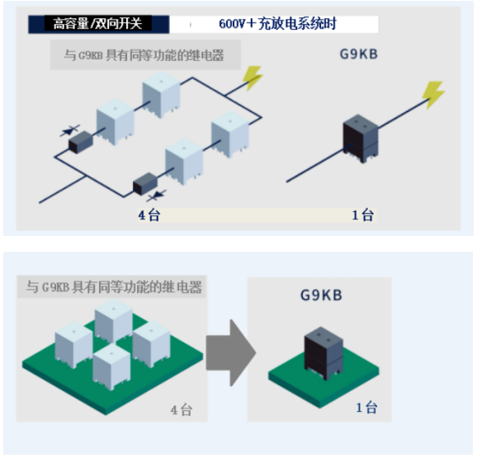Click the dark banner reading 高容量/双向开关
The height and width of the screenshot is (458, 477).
coord(98,24)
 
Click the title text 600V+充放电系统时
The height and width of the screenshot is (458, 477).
coord(277,24)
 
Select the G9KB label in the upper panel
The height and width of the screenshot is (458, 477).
coord(359,54)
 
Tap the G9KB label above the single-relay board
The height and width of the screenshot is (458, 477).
coord(321,295)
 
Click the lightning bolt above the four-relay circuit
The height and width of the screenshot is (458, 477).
coord(253,78)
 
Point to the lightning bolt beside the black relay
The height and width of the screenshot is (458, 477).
coord(433,94)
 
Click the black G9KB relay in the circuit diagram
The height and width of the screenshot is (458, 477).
coord(361,138)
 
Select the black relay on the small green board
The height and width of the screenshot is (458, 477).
coord(324,353)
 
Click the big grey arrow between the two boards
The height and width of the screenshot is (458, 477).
coord(231,352)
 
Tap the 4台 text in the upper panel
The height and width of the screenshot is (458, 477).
coord(149,215)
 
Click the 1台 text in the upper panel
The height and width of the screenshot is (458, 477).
coord(363,215)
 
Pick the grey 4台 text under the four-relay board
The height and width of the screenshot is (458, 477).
coord(182,410)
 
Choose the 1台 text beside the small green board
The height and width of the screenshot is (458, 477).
coord(366,408)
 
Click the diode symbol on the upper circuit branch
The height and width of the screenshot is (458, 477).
coord(70,130)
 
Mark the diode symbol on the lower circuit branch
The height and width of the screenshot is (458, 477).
coord(156,196)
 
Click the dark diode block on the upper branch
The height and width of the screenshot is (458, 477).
coord(81,142)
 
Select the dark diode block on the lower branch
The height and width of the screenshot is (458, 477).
coord(145,184)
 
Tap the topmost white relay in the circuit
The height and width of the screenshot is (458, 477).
coord(161,95)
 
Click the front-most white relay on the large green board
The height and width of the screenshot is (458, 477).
coord(111,366)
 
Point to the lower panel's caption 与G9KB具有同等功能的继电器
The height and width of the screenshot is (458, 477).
coord(114,287)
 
